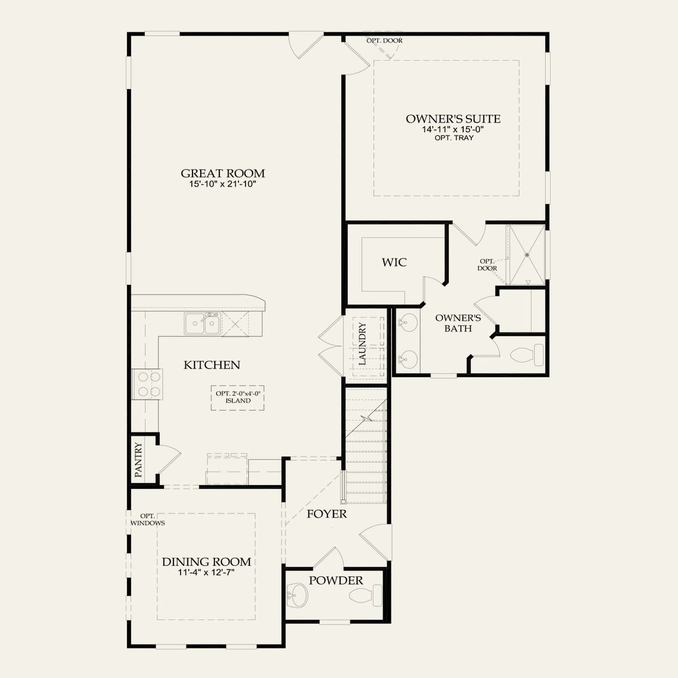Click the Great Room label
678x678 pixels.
pyautogui.click(x=223, y=173)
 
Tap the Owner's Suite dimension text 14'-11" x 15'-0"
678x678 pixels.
pyautogui.click(x=453, y=129)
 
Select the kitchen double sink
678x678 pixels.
pyautogui.click(x=202, y=323)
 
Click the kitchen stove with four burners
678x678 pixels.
pyautogui.click(x=148, y=384)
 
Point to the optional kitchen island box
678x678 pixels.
pyautogui.click(x=237, y=398)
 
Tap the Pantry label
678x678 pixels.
pyautogui.click(x=139, y=459)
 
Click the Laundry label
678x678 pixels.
pyautogui.click(x=362, y=344)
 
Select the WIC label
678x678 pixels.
pyautogui.click(x=394, y=262)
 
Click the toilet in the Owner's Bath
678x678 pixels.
pyautogui.click(x=527, y=355)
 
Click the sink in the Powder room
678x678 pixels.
pyautogui.click(x=297, y=595)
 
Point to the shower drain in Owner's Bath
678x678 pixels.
pyautogui.click(x=527, y=255)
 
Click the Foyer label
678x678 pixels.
pyautogui.click(x=326, y=514)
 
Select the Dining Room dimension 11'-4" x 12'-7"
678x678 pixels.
pyautogui.click(x=206, y=572)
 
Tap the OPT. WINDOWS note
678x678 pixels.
pyautogui.click(x=148, y=519)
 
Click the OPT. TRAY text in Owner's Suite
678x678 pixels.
pyautogui.click(x=454, y=138)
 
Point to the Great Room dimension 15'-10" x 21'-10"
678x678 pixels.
pyautogui.click(x=223, y=184)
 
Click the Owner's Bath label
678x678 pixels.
pyautogui.click(x=458, y=323)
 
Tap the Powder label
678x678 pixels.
pyautogui.click(x=336, y=581)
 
